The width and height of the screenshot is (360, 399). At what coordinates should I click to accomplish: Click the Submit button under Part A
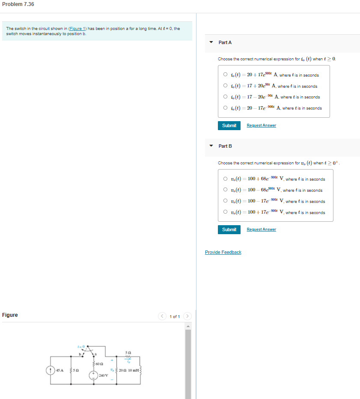pyautogui.click(x=229, y=125)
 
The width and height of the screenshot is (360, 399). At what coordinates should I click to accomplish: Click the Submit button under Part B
pyautogui.click(x=229, y=229)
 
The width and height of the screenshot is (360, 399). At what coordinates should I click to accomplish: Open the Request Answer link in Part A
pyautogui.click(x=261, y=125)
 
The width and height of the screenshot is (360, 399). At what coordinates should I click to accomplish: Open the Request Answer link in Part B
pyautogui.click(x=261, y=229)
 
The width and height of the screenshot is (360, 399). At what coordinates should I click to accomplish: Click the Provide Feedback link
pyautogui.click(x=223, y=252)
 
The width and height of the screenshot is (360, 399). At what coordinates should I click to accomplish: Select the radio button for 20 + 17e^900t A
pyautogui.click(x=225, y=75)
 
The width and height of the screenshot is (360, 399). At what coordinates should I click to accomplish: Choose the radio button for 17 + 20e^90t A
pyautogui.click(x=225, y=86)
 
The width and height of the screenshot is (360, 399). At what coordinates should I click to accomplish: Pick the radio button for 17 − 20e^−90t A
pyautogui.click(x=225, y=97)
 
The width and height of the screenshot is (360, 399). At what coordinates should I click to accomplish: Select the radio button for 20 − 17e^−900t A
pyautogui.click(x=225, y=108)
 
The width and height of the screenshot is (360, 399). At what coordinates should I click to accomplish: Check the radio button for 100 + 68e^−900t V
pyautogui.click(x=225, y=179)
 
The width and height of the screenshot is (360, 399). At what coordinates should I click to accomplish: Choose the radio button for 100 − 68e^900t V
pyautogui.click(x=225, y=190)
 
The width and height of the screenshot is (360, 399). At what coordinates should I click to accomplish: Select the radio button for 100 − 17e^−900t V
pyautogui.click(x=225, y=201)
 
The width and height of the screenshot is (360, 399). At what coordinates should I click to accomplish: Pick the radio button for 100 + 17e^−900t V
pyautogui.click(x=225, y=212)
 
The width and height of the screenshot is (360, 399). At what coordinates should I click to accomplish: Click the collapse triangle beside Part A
pyautogui.click(x=211, y=42)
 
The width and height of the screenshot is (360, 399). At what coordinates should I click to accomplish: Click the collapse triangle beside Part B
pyautogui.click(x=211, y=146)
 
